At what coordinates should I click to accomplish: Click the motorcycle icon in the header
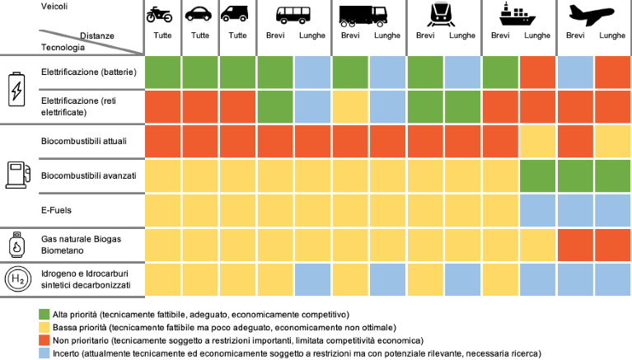(x=162, y=14)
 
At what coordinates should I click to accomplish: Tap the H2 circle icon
(x=16, y=280)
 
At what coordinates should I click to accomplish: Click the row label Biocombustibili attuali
(x=82, y=141)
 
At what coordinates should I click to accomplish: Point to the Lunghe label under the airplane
(x=612, y=36)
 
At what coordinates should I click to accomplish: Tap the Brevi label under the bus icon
(x=275, y=36)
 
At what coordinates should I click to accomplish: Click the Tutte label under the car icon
(x=200, y=36)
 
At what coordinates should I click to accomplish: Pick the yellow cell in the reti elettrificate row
(x=350, y=106)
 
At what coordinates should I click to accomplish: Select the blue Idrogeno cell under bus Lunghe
(x=313, y=279)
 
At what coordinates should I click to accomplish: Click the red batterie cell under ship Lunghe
(x=538, y=72)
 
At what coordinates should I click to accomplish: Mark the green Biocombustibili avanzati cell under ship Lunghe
(x=538, y=175)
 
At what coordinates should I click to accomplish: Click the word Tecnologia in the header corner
(x=64, y=47)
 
